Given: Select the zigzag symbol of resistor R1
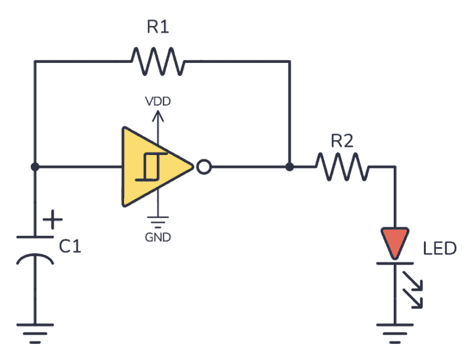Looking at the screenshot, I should [x=157, y=62].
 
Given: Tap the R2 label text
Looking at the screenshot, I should [x=342, y=141].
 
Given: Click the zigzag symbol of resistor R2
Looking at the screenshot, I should [x=342, y=167].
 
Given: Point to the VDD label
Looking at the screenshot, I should [x=159, y=100].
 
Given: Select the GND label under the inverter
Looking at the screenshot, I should [x=159, y=237].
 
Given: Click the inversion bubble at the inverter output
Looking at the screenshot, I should [x=203, y=167].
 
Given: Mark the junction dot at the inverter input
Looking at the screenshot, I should [x=35, y=167].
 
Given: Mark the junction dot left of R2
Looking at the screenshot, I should [x=289, y=167].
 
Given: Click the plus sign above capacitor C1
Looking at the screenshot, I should [x=54, y=219].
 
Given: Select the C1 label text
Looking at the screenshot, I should [x=70, y=247].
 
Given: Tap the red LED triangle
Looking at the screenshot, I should [x=395, y=242].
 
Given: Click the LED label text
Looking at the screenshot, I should [x=439, y=249].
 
